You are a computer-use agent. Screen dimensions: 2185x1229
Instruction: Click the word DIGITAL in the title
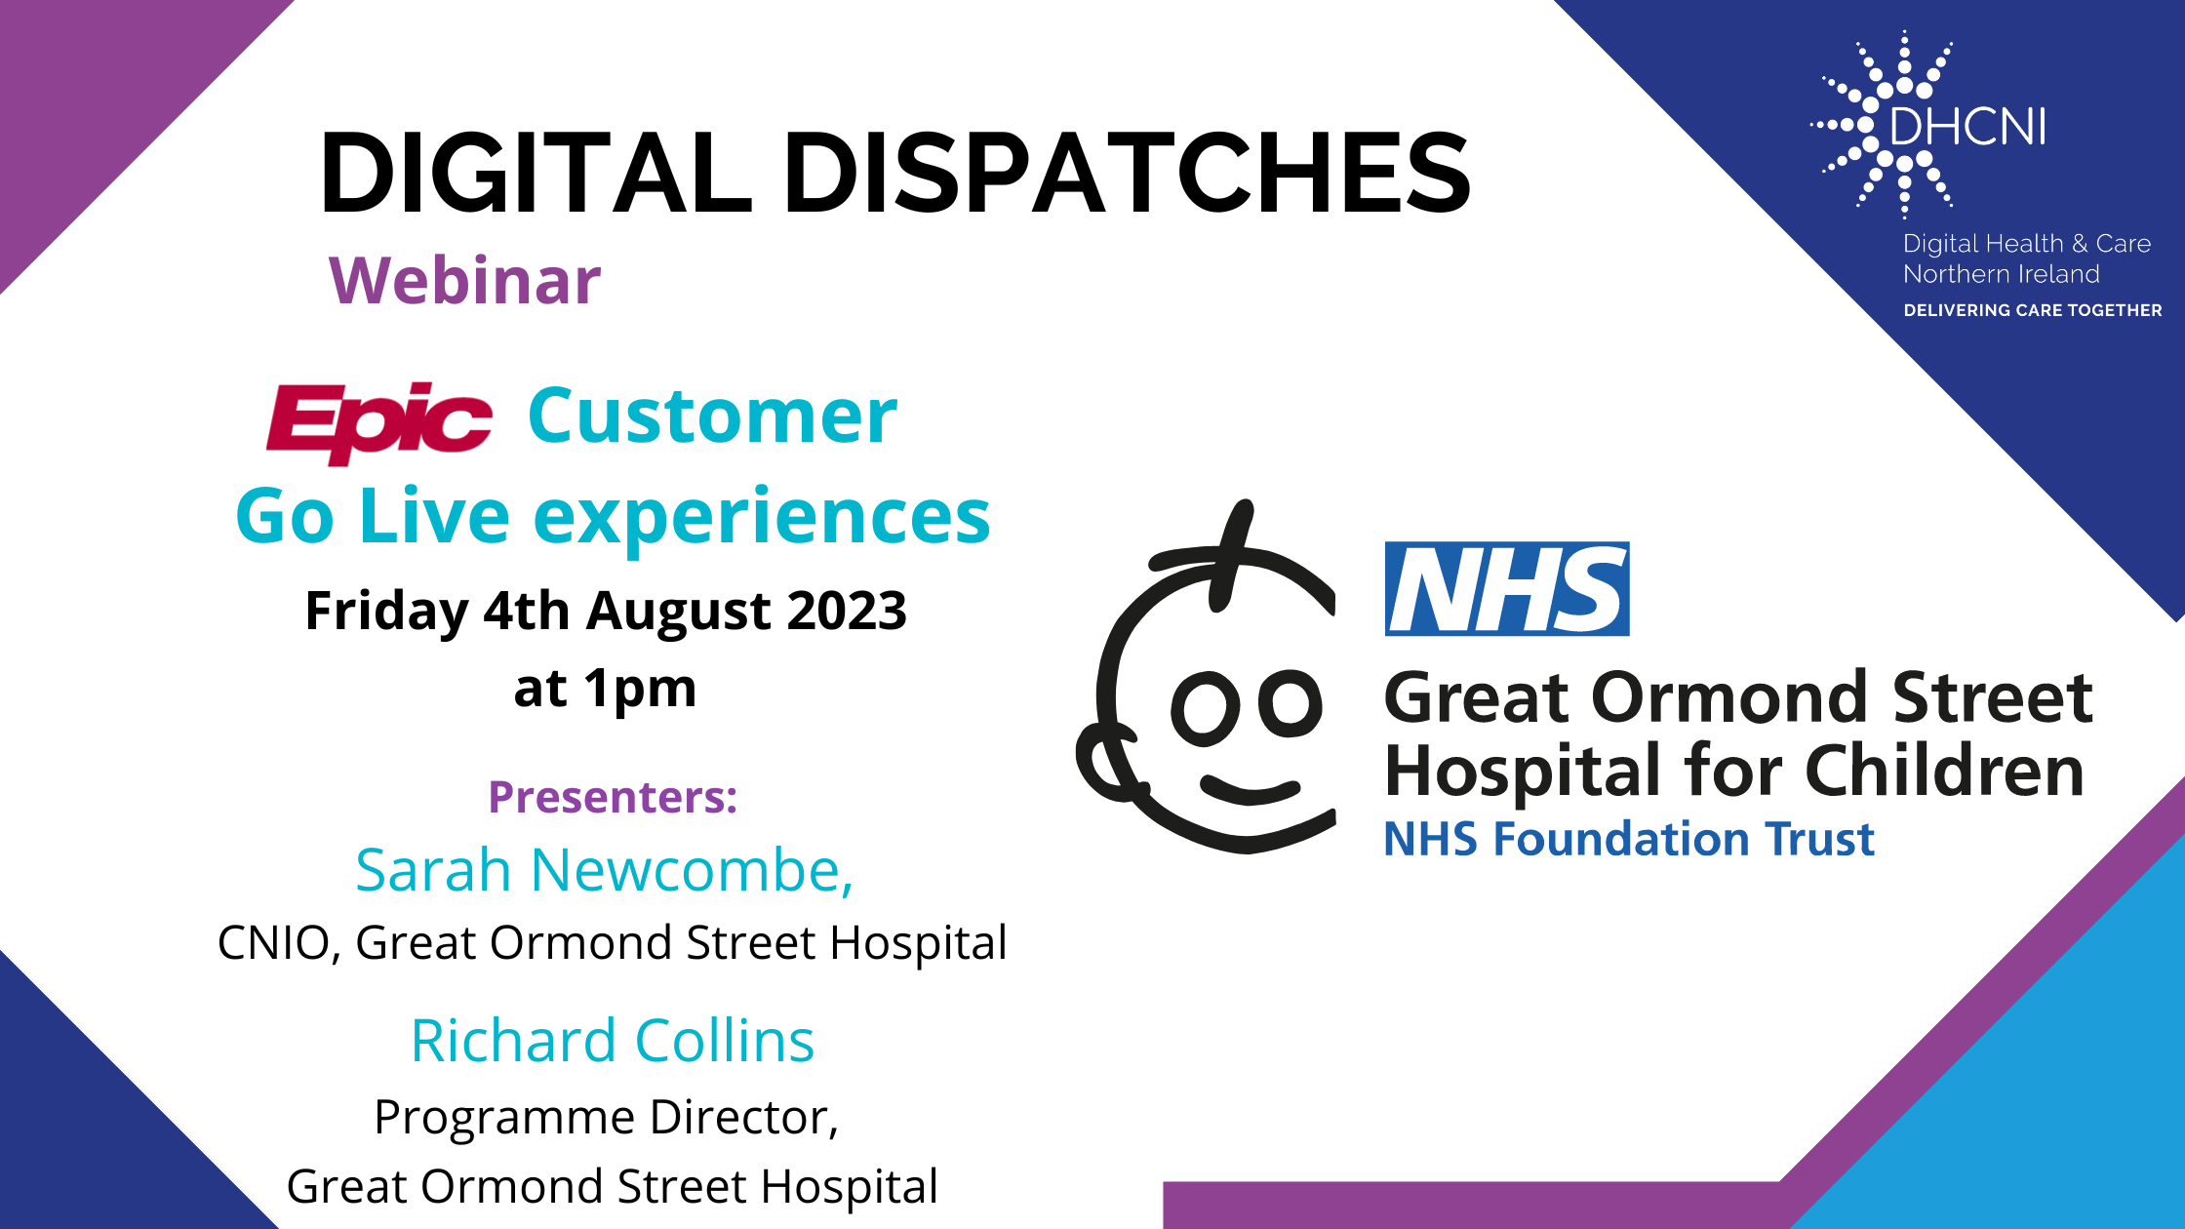(x=536, y=173)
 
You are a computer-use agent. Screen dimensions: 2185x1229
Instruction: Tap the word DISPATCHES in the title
(x=1127, y=173)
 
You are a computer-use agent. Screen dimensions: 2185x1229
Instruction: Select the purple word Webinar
(x=465, y=281)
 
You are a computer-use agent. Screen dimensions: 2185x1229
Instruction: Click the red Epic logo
(x=379, y=421)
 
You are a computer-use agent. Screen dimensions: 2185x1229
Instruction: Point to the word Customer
(x=712, y=416)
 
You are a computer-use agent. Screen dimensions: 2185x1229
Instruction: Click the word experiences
(x=762, y=519)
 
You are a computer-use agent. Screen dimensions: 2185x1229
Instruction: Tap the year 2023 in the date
(x=847, y=611)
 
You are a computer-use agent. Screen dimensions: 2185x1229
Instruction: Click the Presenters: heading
(x=613, y=797)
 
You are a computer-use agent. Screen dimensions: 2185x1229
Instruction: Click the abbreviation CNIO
(x=274, y=943)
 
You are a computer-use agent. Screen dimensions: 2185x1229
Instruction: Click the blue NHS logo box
(x=1507, y=589)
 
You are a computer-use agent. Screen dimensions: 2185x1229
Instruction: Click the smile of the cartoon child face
(x=1251, y=789)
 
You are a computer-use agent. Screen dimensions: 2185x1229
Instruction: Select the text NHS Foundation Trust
(x=1629, y=839)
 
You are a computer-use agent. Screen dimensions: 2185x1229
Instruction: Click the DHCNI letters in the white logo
(x=1967, y=127)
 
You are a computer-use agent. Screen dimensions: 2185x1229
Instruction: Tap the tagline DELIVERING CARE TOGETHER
(x=2033, y=310)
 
